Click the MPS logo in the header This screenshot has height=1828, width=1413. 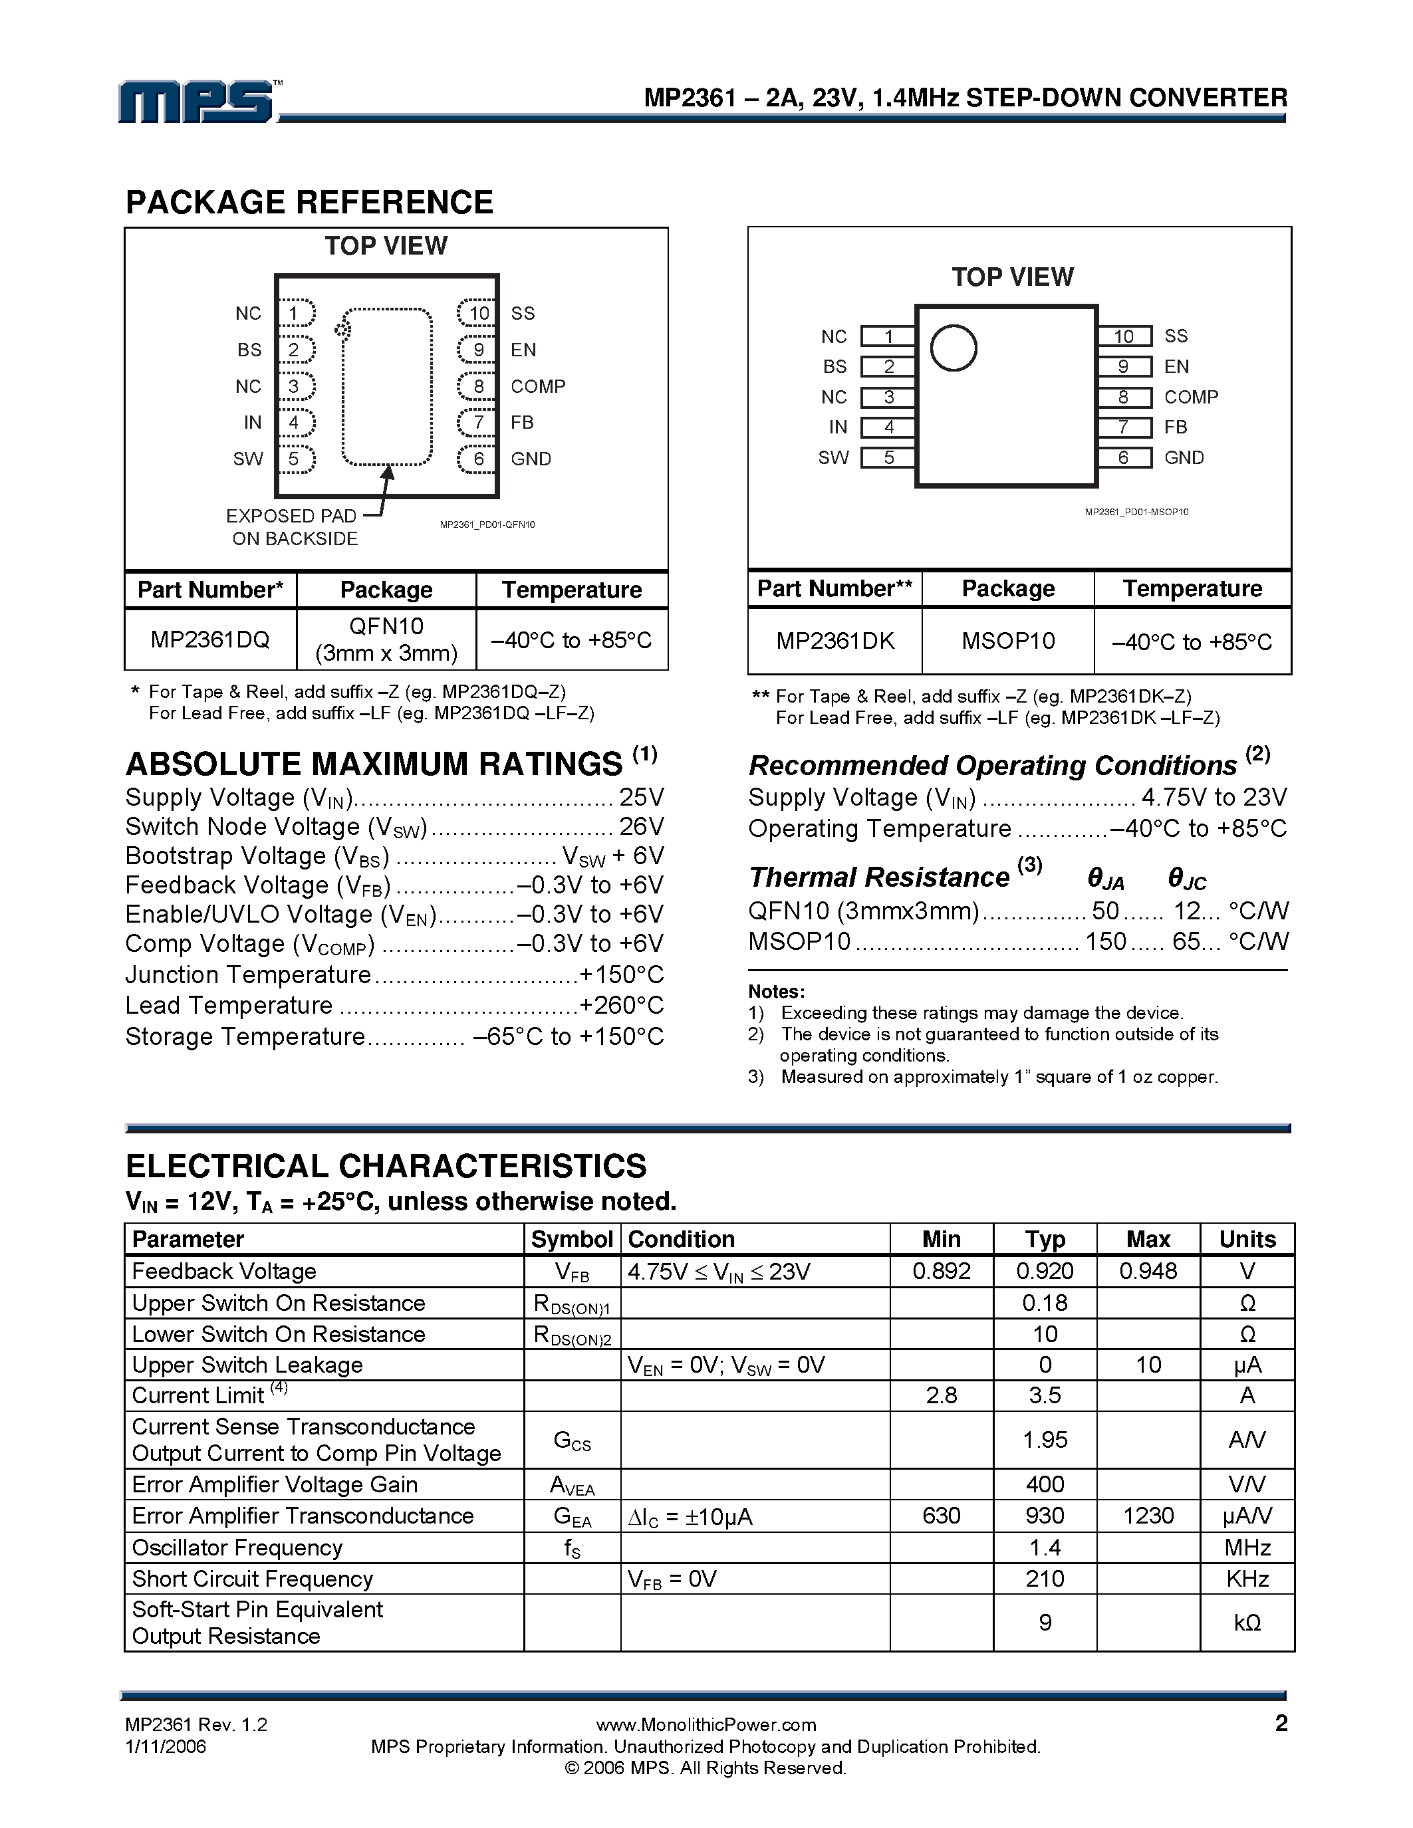tap(197, 102)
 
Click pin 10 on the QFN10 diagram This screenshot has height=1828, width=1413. tap(478, 313)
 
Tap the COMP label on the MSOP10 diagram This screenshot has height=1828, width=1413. tap(1190, 397)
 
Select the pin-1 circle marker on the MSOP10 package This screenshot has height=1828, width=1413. tap(954, 348)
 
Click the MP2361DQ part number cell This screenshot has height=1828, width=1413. tap(210, 640)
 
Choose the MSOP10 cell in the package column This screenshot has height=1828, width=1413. tap(1008, 641)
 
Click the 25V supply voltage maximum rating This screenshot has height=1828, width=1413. tap(641, 797)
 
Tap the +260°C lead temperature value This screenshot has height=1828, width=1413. tap(621, 1005)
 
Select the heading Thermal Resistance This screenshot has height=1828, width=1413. tap(879, 877)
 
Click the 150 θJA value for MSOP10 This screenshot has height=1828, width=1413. tap(1105, 942)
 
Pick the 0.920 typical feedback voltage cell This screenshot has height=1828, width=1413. tap(1045, 1272)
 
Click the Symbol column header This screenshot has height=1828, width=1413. tap(572, 1240)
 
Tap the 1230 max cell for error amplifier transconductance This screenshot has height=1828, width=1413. tap(1148, 1516)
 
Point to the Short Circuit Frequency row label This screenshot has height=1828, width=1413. tap(252, 1579)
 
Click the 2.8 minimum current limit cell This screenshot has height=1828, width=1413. tap(941, 1395)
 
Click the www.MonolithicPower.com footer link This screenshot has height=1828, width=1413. tap(706, 1724)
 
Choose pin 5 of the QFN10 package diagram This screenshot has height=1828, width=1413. tap(294, 459)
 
